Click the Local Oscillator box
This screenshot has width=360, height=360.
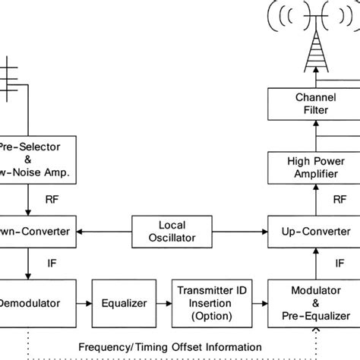171,232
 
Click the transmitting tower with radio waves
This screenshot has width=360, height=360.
314,38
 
